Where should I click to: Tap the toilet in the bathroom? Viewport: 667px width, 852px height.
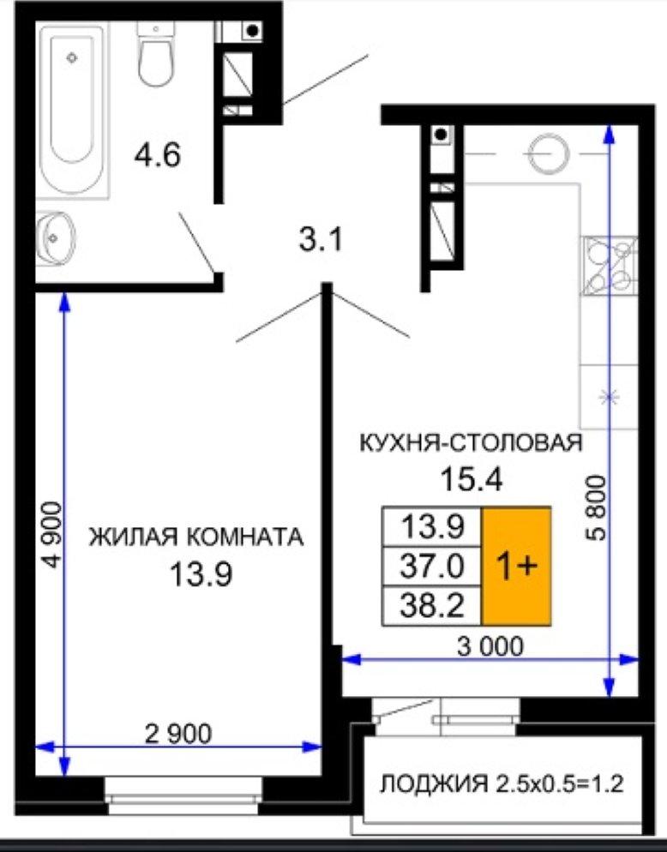(155, 54)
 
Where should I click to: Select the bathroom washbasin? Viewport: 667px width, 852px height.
(56, 238)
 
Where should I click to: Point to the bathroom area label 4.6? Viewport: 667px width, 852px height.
(158, 155)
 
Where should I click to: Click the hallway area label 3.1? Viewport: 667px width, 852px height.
(321, 240)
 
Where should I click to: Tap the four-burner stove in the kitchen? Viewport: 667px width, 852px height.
(610, 266)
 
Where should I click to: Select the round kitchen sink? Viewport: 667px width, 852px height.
(549, 153)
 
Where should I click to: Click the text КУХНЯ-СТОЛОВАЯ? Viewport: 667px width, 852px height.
(472, 443)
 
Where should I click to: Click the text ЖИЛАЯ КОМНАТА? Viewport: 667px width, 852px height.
(196, 537)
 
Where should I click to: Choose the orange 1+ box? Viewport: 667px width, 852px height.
(516, 567)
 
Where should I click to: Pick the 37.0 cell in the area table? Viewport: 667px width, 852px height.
(432, 567)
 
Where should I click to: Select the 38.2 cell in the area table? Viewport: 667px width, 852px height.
(432, 606)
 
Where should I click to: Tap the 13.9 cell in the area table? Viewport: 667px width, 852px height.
(432, 526)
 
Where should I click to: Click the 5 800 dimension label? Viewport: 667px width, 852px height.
(596, 507)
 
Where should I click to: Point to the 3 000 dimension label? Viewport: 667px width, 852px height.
(491, 646)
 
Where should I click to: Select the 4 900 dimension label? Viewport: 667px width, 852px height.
(52, 535)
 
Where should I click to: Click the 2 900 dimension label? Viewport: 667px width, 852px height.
(178, 734)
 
